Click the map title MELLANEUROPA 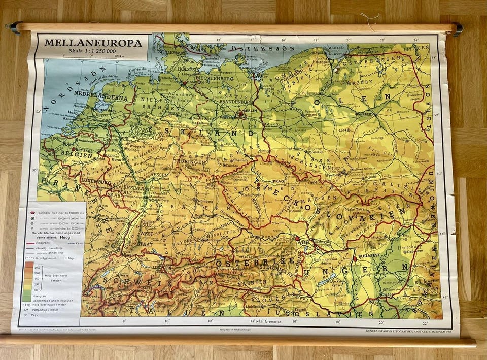92,43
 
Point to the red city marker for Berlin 240,114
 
